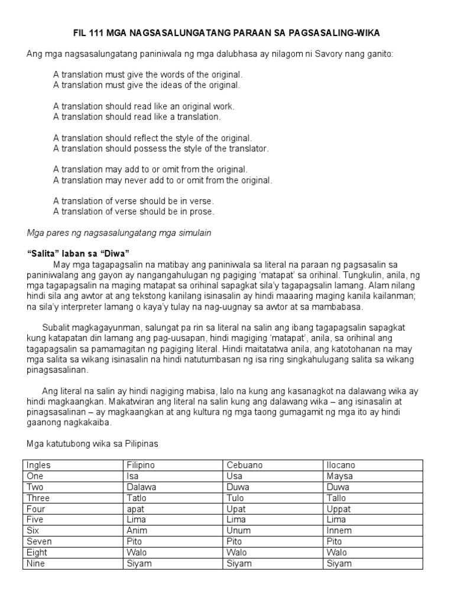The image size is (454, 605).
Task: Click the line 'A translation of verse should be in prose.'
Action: pos(134,212)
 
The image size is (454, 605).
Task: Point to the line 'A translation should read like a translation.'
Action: pos(137,117)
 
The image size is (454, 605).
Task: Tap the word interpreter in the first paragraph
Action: pos(77,307)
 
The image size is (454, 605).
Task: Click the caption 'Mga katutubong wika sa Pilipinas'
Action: pos(93,444)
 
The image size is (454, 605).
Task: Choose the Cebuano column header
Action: pos(242,465)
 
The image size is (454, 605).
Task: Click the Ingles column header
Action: pos(39,465)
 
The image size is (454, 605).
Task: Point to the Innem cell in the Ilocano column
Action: pos(339,531)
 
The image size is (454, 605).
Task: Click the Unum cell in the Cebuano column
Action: pos(238,531)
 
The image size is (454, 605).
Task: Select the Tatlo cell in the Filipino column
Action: pos(137,498)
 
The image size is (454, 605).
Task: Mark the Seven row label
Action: pos(40,542)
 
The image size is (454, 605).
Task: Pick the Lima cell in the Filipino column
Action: pos(137,520)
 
